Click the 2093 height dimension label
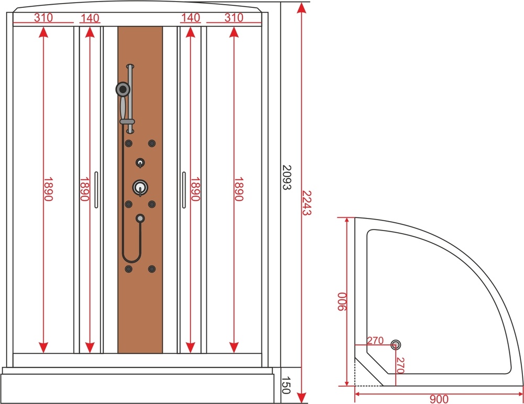click(x=287, y=178)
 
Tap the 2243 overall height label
click(x=307, y=203)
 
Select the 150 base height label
click(x=286, y=385)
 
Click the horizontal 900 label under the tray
click(x=439, y=399)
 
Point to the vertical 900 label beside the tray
click(x=342, y=302)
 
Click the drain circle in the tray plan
click(x=396, y=345)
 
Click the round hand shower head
click(x=123, y=89)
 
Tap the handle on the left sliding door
click(x=96, y=190)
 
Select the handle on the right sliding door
click(x=184, y=190)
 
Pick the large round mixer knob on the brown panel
click(x=140, y=188)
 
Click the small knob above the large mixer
click(x=140, y=163)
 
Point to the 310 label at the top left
click(x=43, y=17)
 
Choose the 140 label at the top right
click(x=191, y=17)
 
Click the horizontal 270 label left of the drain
click(x=375, y=341)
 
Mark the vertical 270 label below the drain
click(x=400, y=365)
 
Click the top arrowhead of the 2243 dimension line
click(x=301, y=7)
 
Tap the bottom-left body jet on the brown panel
click(x=128, y=269)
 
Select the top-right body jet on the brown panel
click(x=152, y=144)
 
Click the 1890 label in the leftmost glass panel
click(x=48, y=189)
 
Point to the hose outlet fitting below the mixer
click(x=140, y=218)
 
